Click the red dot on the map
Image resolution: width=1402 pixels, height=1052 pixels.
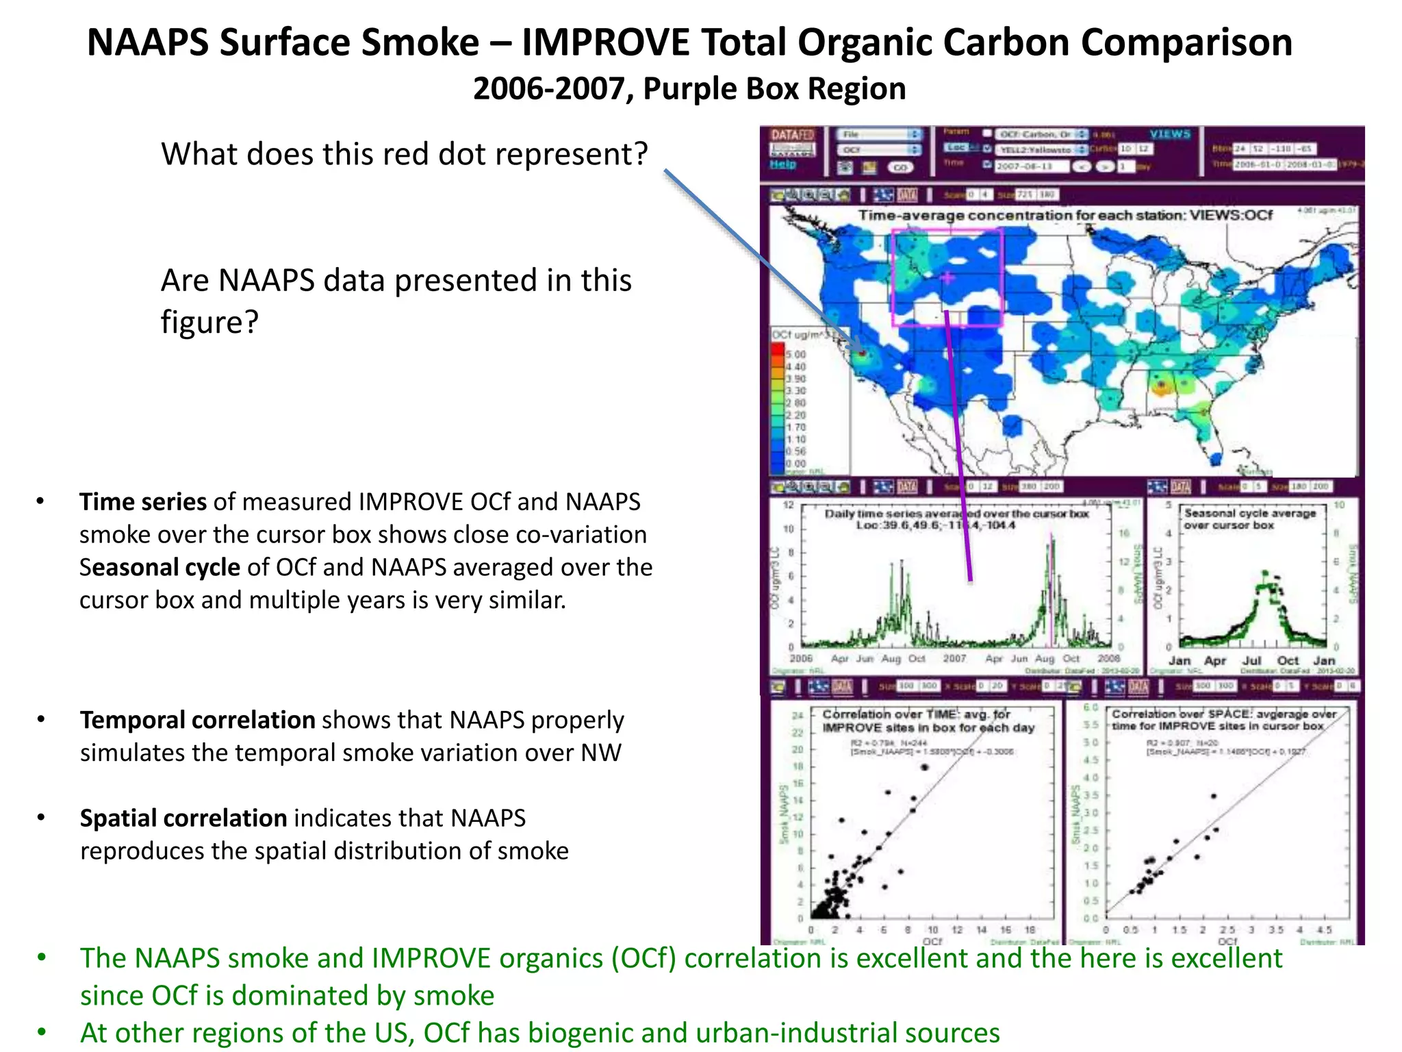(862, 353)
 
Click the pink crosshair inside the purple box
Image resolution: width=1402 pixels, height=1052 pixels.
(947, 278)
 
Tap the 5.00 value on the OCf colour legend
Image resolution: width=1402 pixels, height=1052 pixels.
(795, 355)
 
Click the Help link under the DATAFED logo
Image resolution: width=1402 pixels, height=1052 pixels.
(782, 164)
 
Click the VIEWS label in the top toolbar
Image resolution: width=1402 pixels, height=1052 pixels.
(1170, 134)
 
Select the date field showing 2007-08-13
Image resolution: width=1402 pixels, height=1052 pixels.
(1031, 166)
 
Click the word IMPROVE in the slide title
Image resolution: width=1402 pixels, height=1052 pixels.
(605, 42)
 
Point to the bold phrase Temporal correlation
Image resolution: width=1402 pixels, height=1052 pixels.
(197, 720)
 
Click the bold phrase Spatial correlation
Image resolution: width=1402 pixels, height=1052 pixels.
(183, 818)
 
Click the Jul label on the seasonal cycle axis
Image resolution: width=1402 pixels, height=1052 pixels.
(1251, 661)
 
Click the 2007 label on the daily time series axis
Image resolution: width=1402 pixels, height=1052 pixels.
(954, 659)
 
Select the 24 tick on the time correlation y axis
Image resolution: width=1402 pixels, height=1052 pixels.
(798, 716)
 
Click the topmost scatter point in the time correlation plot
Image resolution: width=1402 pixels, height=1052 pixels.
(925, 767)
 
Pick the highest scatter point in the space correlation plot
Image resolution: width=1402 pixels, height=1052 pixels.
(1214, 796)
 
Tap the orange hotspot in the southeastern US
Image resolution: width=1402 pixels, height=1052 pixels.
(1160, 387)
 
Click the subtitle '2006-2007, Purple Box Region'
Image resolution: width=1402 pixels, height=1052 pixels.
(689, 89)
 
